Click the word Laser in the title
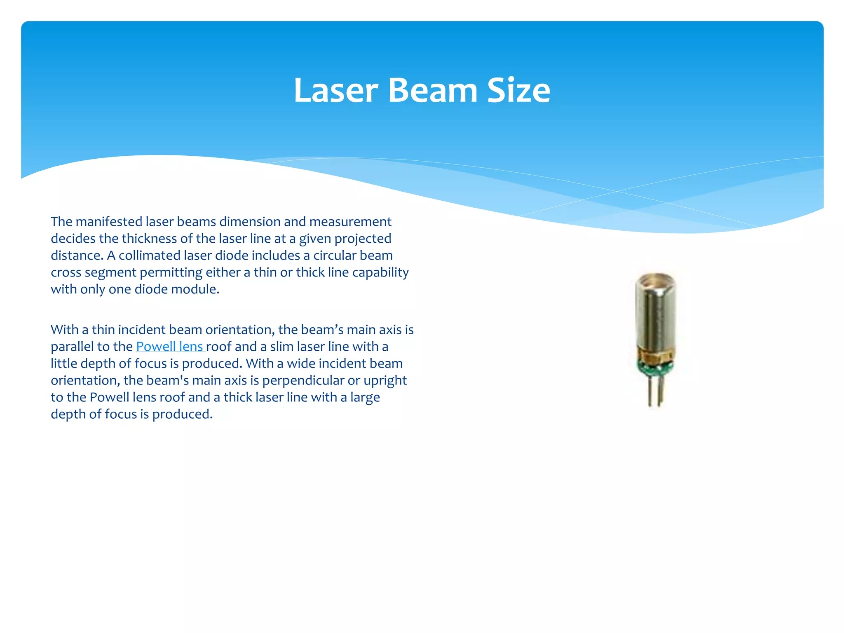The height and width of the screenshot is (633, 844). (335, 90)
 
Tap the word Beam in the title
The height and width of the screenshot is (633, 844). (432, 90)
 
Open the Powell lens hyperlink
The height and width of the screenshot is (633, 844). (169, 347)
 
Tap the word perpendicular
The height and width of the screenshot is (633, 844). (303, 380)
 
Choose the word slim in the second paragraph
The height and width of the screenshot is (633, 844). (282, 347)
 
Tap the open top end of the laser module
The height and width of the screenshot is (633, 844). (656, 281)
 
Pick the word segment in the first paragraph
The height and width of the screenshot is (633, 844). (110, 272)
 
